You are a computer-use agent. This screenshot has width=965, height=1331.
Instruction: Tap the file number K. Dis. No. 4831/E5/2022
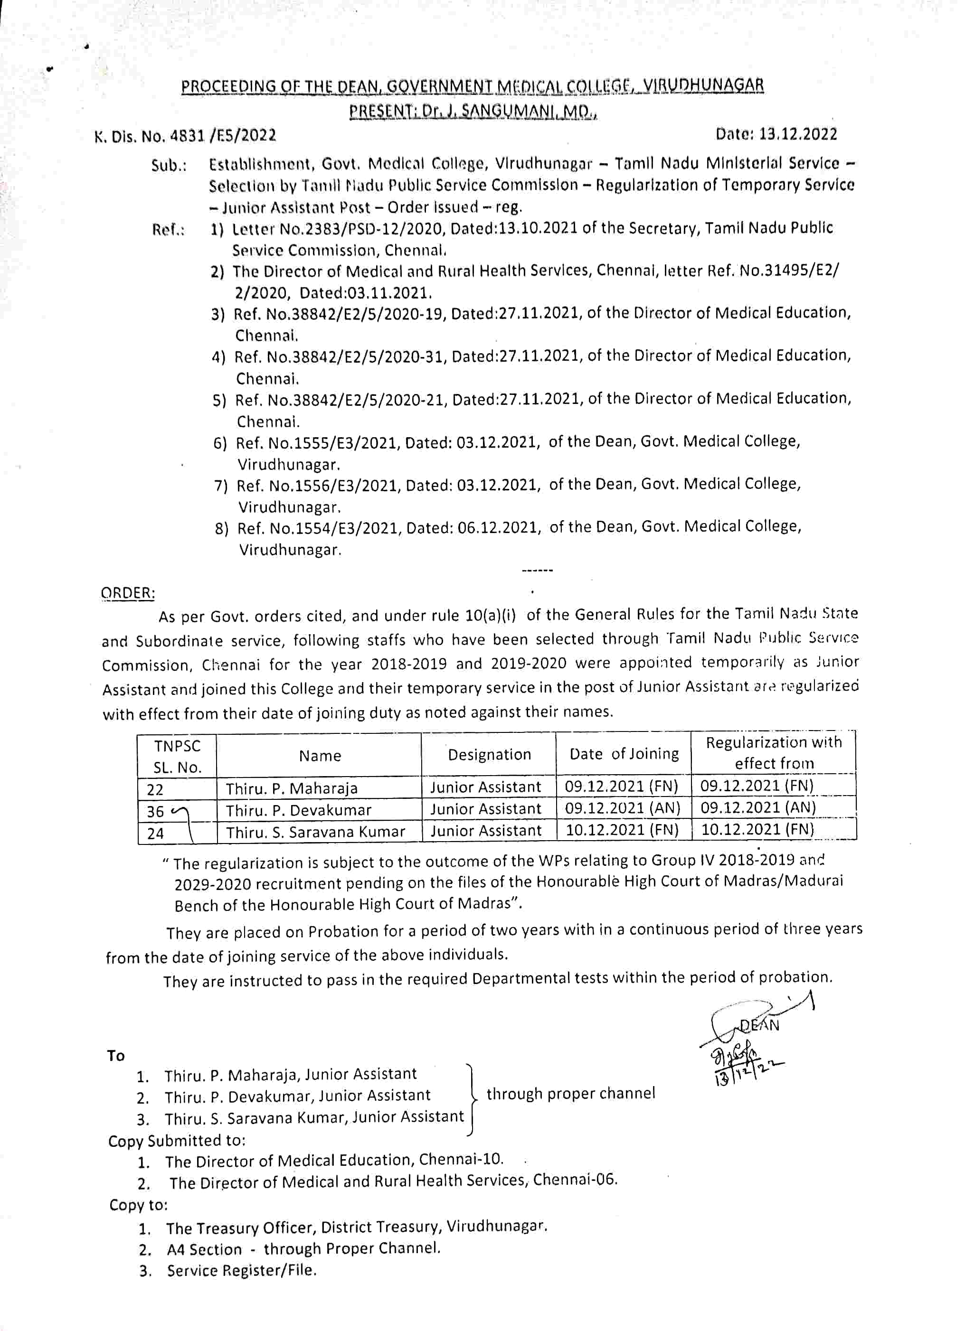(185, 136)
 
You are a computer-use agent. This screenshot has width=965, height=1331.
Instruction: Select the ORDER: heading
(128, 593)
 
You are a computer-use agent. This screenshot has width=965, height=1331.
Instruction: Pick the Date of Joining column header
(624, 754)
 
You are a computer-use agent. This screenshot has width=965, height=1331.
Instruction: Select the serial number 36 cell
(156, 812)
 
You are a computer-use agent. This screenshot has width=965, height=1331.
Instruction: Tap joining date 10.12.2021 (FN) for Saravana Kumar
(622, 830)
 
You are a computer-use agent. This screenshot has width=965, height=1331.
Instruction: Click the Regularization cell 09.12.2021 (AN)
(758, 807)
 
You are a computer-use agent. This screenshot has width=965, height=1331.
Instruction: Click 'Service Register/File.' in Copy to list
(242, 1271)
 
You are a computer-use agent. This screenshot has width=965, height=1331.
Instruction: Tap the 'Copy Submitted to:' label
(177, 1140)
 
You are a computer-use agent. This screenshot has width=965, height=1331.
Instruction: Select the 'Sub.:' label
(169, 166)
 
